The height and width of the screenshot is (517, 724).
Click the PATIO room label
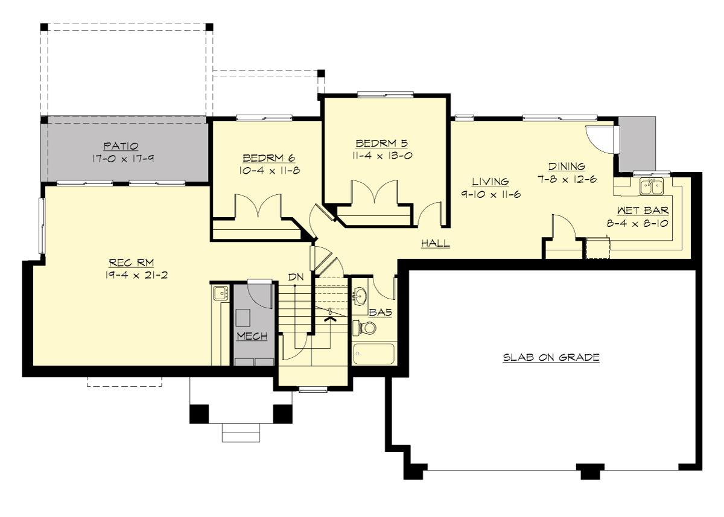click(x=121, y=146)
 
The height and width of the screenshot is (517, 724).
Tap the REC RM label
click(x=132, y=262)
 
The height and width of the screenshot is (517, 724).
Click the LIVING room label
click(x=490, y=182)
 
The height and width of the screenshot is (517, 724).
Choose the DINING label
click(x=567, y=167)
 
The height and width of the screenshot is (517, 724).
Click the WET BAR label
click(x=643, y=211)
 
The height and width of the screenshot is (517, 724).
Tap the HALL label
click(x=435, y=243)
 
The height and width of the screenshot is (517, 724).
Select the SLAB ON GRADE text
click(x=551, y=358)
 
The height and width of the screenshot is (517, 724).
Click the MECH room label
click(x=252, y=336)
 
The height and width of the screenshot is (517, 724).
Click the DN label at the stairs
click(x=295, y=277)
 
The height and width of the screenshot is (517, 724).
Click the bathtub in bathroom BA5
click(x=373, y=354)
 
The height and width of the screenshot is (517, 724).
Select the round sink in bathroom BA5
click(x=361, y=296)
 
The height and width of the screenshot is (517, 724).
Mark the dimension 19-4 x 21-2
click(x=132, y=275)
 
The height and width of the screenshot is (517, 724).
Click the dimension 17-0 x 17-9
click(x=121, y=158)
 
